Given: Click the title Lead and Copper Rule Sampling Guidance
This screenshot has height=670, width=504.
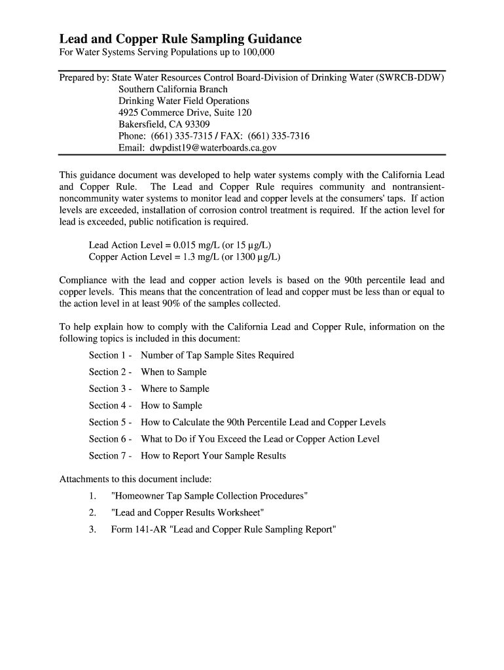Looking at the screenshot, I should [181, 39].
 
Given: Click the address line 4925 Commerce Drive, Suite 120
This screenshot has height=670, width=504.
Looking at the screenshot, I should [185, 113].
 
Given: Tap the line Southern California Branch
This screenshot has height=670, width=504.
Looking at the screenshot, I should [173, 89].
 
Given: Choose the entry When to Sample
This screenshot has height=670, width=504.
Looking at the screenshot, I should [173, 372].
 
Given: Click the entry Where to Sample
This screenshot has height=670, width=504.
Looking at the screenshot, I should [175, 389].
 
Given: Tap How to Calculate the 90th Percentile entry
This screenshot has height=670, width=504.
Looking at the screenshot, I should [263, 423].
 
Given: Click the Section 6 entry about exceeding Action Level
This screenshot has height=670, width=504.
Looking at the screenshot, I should [260, 439].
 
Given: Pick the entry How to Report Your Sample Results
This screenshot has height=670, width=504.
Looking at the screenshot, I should [213, 456].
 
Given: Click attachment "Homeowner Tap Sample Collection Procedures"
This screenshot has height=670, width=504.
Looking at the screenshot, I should [209, 496].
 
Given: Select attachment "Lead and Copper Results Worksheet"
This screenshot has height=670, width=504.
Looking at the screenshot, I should [188, 513].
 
